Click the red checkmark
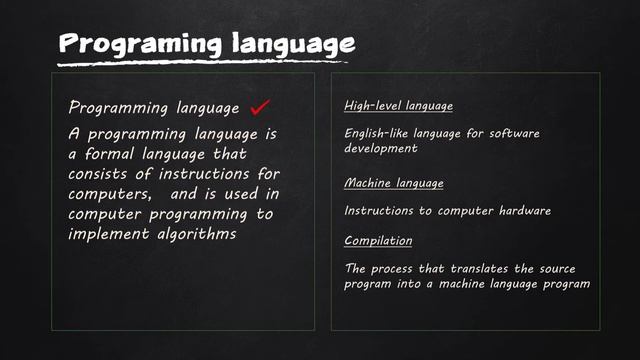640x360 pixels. (x=260, y=106)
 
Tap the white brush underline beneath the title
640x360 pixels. (x=200, y=62)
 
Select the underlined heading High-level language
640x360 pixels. (x=398, y=105)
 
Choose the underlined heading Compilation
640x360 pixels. (x=378, y=241)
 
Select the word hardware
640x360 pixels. (x=523, y=211)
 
